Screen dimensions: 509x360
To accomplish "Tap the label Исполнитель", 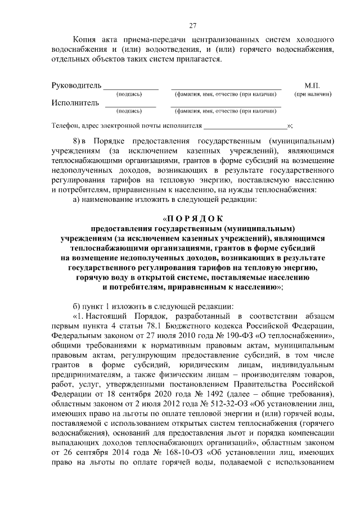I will click(75, 103).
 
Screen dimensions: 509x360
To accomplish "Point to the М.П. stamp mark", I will click(312, 85).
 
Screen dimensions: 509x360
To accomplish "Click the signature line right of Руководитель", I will click(130, 88).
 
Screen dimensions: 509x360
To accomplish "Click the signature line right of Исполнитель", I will click(130, 106).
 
